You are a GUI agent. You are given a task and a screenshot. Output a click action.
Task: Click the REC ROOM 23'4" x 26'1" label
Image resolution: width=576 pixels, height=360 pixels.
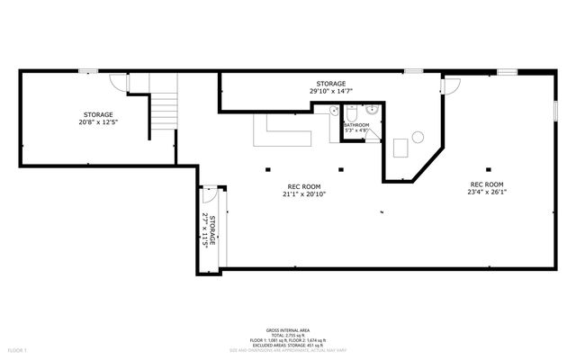pos(488,191)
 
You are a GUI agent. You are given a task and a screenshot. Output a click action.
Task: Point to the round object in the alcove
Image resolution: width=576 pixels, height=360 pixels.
pos(418,137)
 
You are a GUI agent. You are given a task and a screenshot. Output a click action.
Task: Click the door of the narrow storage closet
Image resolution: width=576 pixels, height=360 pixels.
pos(209,193)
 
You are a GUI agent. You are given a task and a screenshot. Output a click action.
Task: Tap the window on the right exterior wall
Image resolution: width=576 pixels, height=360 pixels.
pos(555,108)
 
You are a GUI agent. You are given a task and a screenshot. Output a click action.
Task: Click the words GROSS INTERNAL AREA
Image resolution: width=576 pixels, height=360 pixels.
pos(287,330)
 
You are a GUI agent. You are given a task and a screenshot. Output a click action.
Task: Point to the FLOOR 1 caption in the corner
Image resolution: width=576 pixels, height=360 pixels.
pos(17,348)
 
